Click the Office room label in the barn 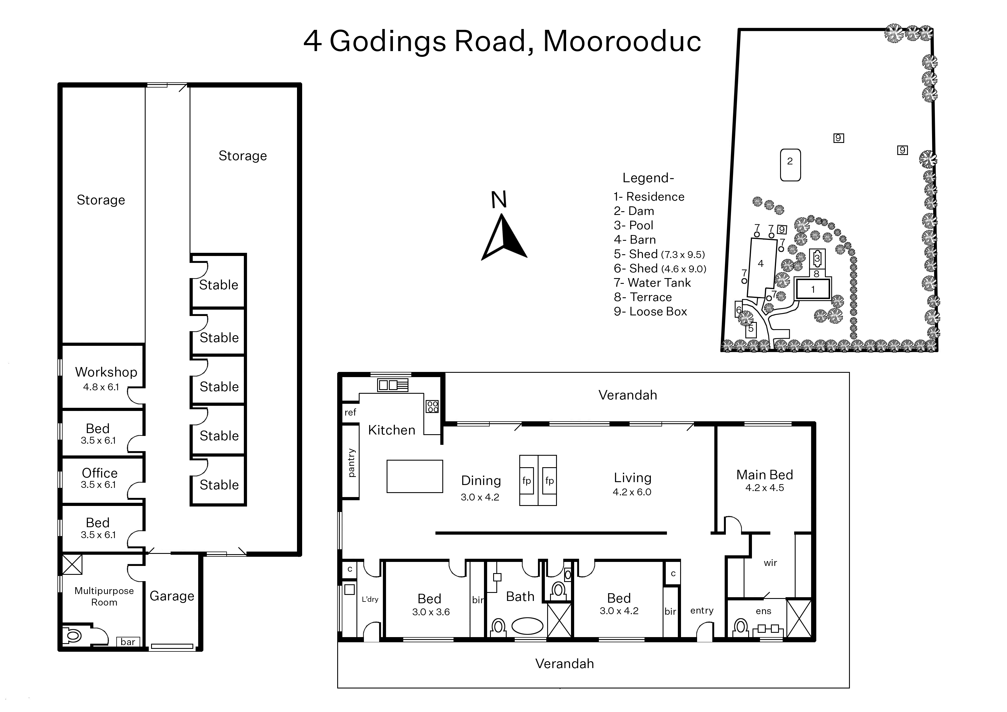click(x=100, y=473)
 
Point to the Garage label click(x=172, y=596)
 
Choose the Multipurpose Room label click(x=104, y=596)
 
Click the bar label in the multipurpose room click(x=128, y=642)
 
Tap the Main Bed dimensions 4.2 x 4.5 click(x=764, y=488)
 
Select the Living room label click(x=632, y=478)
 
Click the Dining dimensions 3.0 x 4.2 click(x=480, y=497)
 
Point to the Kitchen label click(x=391, y=430)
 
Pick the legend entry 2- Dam click(x=634, y=211)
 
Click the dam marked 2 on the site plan click(x=790, y=165)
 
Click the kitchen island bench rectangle click(x=415, y=476)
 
